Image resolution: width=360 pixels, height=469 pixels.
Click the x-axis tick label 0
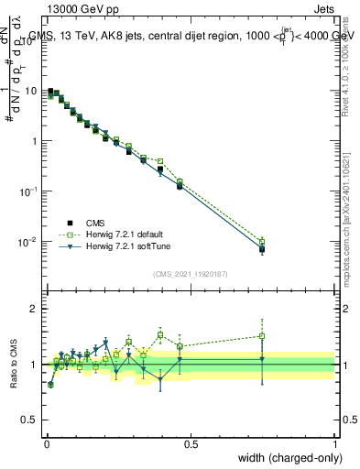46,444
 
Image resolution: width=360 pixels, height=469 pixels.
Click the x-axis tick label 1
335,444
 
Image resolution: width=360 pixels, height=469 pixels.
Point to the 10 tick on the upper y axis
32,91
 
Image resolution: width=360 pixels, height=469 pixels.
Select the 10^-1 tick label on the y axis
29,191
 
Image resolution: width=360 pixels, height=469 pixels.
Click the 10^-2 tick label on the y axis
29,241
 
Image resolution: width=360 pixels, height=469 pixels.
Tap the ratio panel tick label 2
35,309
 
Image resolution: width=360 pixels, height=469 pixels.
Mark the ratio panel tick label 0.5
31,420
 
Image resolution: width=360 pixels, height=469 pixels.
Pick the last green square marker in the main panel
262,242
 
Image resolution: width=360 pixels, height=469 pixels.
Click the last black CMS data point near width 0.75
262,249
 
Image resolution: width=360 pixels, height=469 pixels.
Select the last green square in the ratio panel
262,336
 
